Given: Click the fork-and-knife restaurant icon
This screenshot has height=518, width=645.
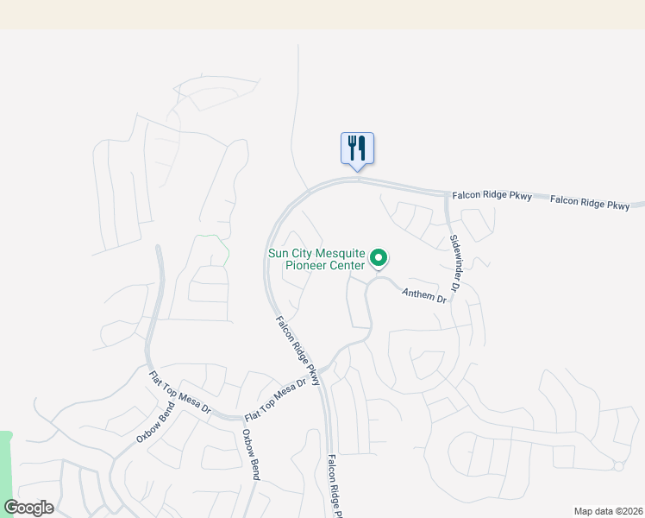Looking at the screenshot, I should (357, 148).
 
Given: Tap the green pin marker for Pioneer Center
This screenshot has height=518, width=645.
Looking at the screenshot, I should (378, 257).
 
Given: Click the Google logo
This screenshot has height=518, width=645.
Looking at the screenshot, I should (28, 508).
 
